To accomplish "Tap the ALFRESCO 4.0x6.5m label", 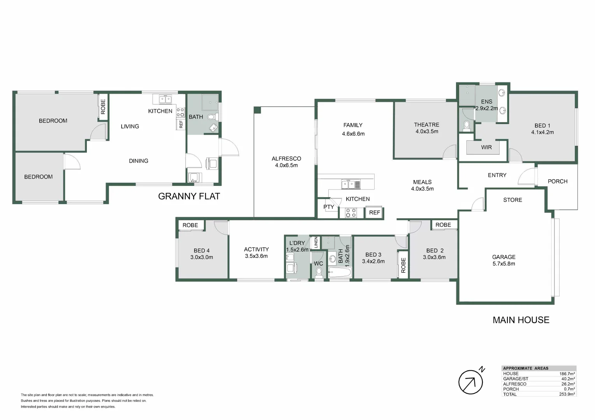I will (x=286, y=162).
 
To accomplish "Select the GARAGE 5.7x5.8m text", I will (x=503, y=260).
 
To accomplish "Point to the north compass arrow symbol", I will (x=471, y=382).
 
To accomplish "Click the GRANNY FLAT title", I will (x=189, y=196).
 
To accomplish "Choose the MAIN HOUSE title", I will (x=521, y=320).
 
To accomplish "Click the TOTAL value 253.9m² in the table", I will (x=567, y=394).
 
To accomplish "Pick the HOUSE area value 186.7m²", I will (x=567, y=374).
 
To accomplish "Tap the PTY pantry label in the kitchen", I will (x=329, y=207).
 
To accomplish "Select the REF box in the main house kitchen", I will (x=374, y=212).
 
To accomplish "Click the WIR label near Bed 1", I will (x=486, y=147).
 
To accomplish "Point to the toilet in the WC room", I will (x=319, y=272).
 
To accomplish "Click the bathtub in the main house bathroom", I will (x=340, y=272).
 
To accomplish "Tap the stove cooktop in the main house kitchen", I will (x=351, y=213).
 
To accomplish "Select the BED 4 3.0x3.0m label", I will (x=201, y=254).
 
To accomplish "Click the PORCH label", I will (x=557, y=181).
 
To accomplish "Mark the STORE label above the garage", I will (x=512, y=200).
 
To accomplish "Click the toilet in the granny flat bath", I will (x=211, y=117).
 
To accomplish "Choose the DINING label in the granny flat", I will (x=138, y=161).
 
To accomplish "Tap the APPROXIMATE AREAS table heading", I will (x=525, y=368).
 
